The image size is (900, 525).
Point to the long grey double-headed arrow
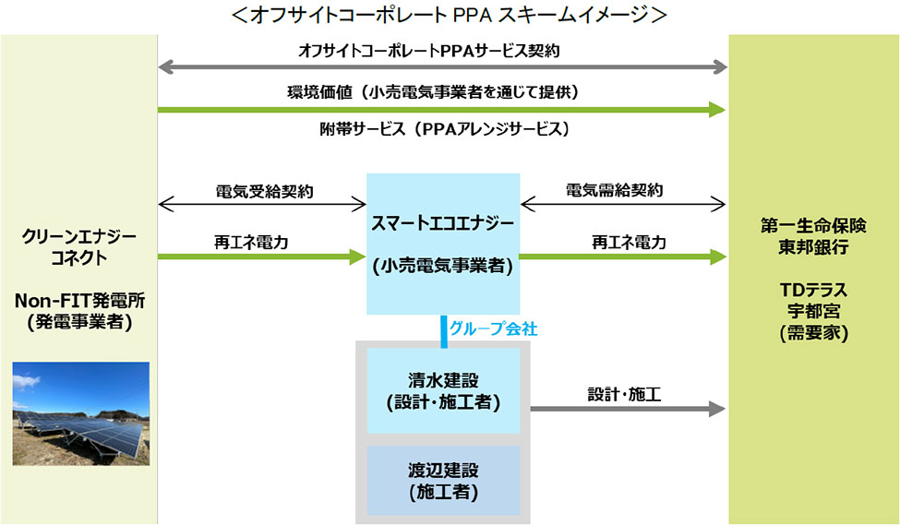click(443, 67)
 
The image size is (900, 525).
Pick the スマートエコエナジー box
click(443, 244)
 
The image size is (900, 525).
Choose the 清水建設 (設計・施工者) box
click(443, 391)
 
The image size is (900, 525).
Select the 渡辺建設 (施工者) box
click(443, 482)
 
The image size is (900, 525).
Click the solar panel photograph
click(80, 412)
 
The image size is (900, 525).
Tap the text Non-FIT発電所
click(80, 301)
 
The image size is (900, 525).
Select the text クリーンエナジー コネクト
click(80, 246)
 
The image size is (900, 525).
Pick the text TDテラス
click(813, 290)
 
